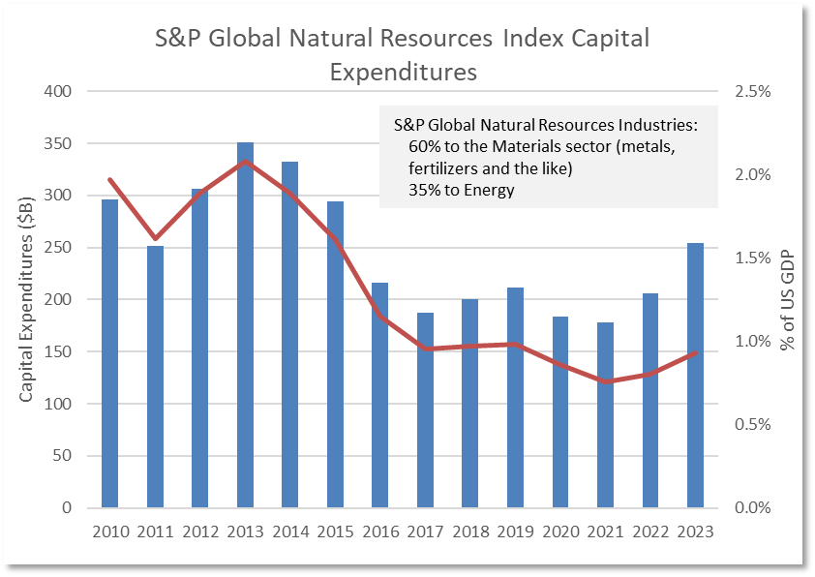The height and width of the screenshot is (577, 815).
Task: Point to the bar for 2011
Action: point(155,377)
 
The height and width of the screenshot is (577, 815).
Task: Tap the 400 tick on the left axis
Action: point(61,92)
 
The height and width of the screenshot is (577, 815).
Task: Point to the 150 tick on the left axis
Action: point(61,351)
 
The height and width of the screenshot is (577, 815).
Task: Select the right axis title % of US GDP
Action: point(790,300)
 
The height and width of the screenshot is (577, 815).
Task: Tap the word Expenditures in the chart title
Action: point(404,72)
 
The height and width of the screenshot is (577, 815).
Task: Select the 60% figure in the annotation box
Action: point(423,147)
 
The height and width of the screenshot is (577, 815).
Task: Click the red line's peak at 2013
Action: point(246,161)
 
